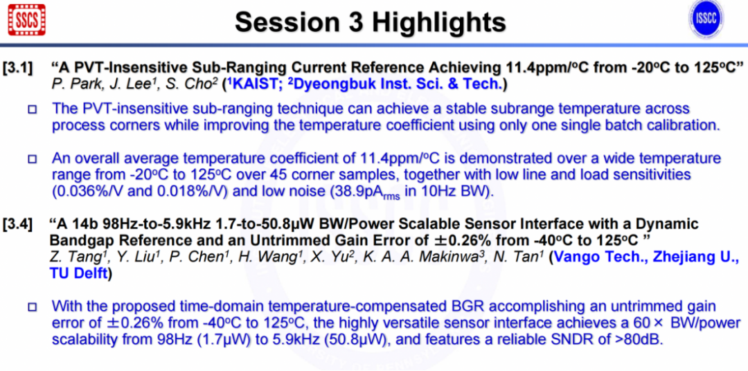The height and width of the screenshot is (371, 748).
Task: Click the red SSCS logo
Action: click(27, 19)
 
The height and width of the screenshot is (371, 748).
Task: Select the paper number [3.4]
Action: click(18, 224)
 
